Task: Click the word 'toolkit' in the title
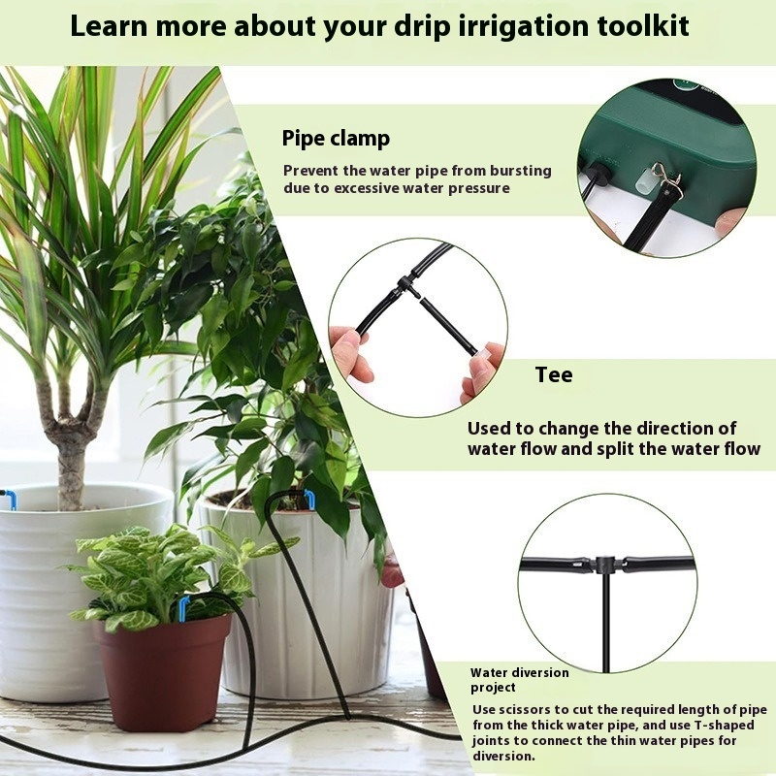tap(643, 26)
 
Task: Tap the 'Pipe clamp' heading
tap(336, 138)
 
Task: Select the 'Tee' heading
tap(554, 374)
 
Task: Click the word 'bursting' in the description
tap(521, 172)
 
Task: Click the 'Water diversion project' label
tap(519, 680)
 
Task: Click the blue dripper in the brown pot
tap(183, 608)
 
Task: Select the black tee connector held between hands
tap(405, 286)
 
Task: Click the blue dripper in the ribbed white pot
tap(309, 497)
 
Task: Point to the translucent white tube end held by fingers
tap(482, 352)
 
